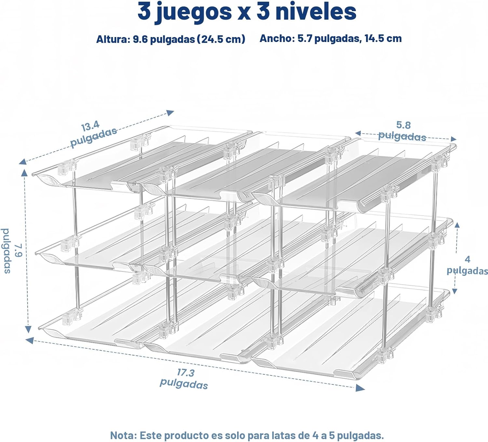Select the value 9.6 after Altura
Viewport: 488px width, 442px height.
click(140, 39)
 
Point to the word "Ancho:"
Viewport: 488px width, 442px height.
click(277, 38)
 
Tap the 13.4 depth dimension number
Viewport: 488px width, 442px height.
click(90, 126)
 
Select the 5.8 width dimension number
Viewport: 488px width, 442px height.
click(403, 125)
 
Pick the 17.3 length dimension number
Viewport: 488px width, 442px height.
click(186, 372)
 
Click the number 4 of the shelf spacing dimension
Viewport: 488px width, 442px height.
click(467, 259)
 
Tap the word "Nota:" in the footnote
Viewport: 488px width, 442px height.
click(123, 435)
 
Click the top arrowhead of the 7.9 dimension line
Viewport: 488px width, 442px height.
click(24, 173)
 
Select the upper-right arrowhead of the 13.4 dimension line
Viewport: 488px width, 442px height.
click(170, 113)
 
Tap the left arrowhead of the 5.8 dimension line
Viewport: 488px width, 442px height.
click(358, 133)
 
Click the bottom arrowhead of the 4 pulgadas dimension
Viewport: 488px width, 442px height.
click(455, 291)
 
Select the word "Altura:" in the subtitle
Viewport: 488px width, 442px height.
click(113, 39)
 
